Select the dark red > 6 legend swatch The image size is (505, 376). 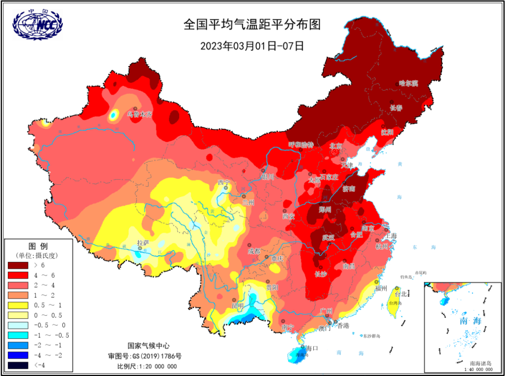[19, 265]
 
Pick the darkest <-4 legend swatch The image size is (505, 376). [19, 365]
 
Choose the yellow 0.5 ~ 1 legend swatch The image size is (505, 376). [19, 305]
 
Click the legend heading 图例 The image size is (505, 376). [38, 246]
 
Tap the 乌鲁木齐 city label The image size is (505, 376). [140, 114]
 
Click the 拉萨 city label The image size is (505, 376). [143, 243]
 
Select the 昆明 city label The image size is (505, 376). [237, 306]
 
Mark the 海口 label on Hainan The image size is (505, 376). [312, 348]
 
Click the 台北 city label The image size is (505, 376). [401, 294]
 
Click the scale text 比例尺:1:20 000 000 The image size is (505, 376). [147, 366]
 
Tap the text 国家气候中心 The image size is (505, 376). [147, 346]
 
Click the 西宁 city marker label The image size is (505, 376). [224, 182]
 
